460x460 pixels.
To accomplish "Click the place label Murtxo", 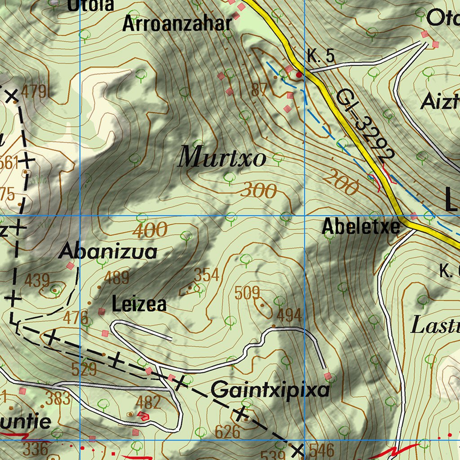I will click(x=222, y=158).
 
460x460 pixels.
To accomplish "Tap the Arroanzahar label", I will click(x=177, y=23).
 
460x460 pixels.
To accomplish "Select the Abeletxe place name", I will click(x=361, y=227).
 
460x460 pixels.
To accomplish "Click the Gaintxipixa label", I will click(x=270, y=390).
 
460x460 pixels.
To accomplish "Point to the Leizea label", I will click(x=139, y=305).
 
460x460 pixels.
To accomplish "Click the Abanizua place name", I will click(x=108, y=252).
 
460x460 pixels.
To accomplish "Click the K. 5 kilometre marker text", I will click(x=321, y=57).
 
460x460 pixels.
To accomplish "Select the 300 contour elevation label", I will click(x=258, y=191).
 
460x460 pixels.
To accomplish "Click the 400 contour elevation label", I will click(x=150, y=230).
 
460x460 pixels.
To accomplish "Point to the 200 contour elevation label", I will click(x=341, y=182).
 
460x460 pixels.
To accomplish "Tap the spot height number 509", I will click(x=248, y=293).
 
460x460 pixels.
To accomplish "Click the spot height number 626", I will click(x=227, y=432).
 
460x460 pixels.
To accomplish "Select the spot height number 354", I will click(x=206, y=274).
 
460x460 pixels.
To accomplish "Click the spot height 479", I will click(x=34, y=91).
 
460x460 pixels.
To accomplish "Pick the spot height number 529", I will click(x=84, y=369).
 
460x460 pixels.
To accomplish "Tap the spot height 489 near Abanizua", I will click(x=116, y=278).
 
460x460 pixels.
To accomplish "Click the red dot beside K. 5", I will click(x=299, y=75).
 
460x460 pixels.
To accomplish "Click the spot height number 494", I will click(x=289, y=315).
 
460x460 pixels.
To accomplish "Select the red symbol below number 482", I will click(x=143, y=416).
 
